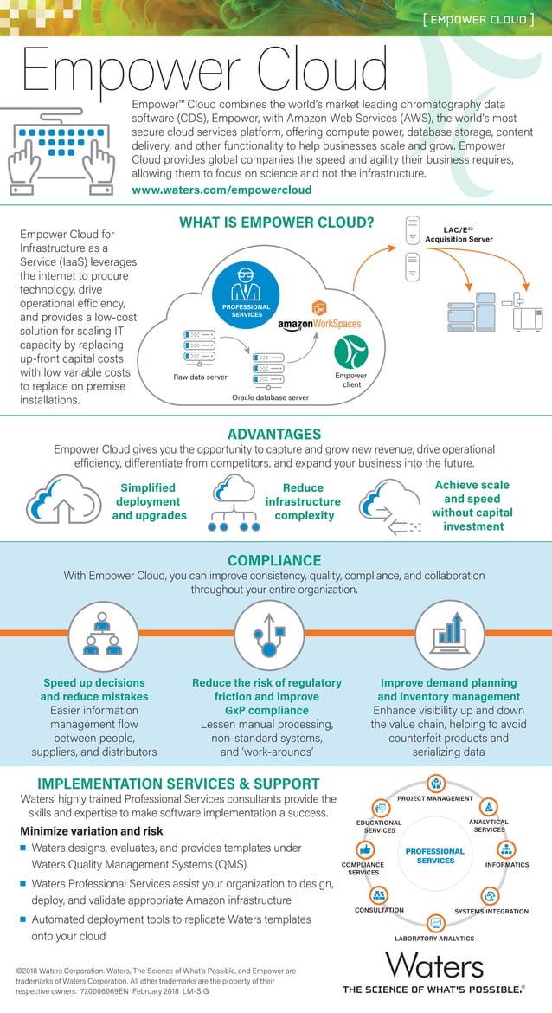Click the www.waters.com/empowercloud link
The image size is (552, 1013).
pyautogui.click(x=221, y=190)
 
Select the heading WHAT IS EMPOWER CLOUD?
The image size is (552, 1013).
pyautogui.click(x=276, y=223)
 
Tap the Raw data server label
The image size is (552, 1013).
pyautogui.click(x=200, y=377)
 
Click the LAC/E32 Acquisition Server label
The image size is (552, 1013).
pyautogui.click(x=469, y=235)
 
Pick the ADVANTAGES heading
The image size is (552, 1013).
pyautogui.click(x=274, y=434)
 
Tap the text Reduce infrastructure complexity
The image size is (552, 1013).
pyautogui.click(x=303, y=502)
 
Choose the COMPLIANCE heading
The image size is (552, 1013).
pyautogui.click(x=274, y=560)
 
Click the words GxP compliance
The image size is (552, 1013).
pyautogui.click(x=266, y=710)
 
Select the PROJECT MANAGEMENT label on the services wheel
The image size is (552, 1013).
pyautogui.click(x=435, y=798)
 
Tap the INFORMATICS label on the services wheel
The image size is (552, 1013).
pyautogui.click(x=507, y=865)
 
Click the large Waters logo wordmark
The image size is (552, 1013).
pyautogui.click(x=434, y=965)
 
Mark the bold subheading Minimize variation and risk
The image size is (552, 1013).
pyautogui.click(x=91, y=831)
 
